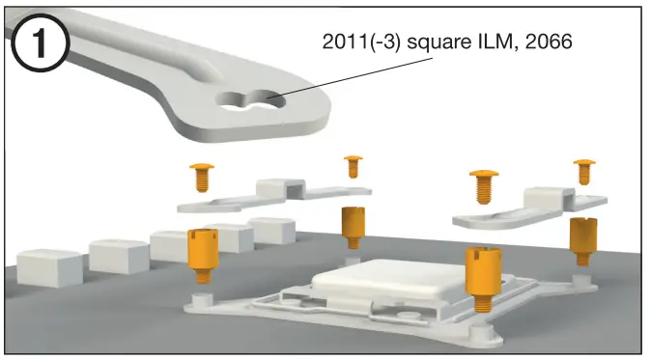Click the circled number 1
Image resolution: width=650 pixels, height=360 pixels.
tap(40, 42)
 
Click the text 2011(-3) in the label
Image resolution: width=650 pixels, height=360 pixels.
tap(361, 42)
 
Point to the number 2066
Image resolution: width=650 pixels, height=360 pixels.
tap(549, 42)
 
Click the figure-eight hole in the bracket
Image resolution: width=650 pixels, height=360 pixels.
tap(250, 100)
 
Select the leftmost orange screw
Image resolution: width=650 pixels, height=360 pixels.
tap(202, 177)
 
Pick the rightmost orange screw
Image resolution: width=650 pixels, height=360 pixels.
tap(584, 172)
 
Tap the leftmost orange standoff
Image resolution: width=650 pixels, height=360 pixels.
tap(203, 255)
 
